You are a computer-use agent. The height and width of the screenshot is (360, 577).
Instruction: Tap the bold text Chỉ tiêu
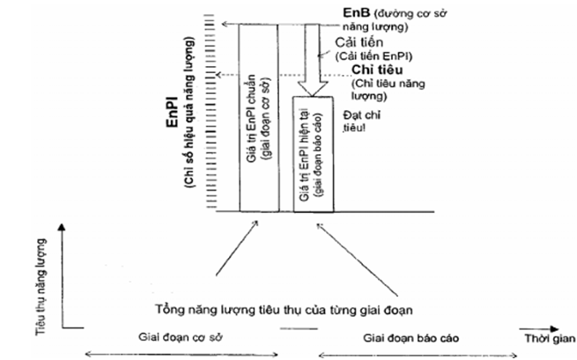[377, 70]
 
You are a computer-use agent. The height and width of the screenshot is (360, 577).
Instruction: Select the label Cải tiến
[357, 42]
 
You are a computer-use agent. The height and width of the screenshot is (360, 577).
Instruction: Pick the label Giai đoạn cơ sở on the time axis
[176, 336]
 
